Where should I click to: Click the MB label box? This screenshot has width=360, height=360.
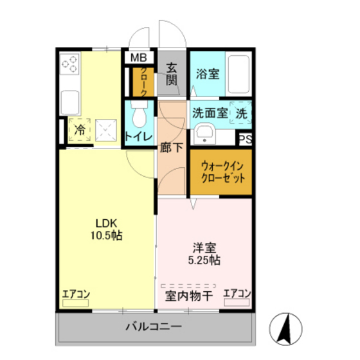click(139, 58)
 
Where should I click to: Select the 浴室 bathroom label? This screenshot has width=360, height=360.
click(208, 73)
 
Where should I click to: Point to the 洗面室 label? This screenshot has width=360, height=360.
click(210, 113)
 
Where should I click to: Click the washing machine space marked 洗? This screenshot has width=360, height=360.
click(240, 113)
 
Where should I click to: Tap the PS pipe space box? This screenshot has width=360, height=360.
click(245, 138)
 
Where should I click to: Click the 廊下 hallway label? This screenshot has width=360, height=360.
click(171, 147)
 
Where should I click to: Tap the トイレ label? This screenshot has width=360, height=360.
click(138, 136)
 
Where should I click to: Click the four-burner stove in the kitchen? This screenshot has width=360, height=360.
click(71, 64)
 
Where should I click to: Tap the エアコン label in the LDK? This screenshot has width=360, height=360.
click(76, 294)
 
